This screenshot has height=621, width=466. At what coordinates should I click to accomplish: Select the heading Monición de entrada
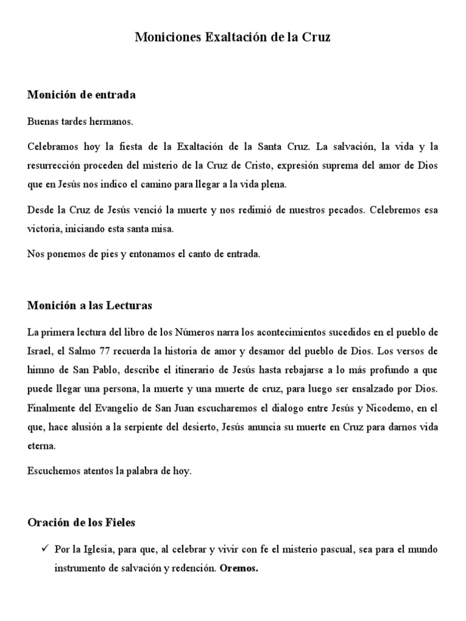(81, 95)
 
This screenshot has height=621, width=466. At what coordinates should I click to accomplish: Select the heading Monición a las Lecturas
(89, 306)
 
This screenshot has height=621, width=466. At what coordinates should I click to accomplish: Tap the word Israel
(39, 351)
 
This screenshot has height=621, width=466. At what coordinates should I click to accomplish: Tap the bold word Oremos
(238, 569)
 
